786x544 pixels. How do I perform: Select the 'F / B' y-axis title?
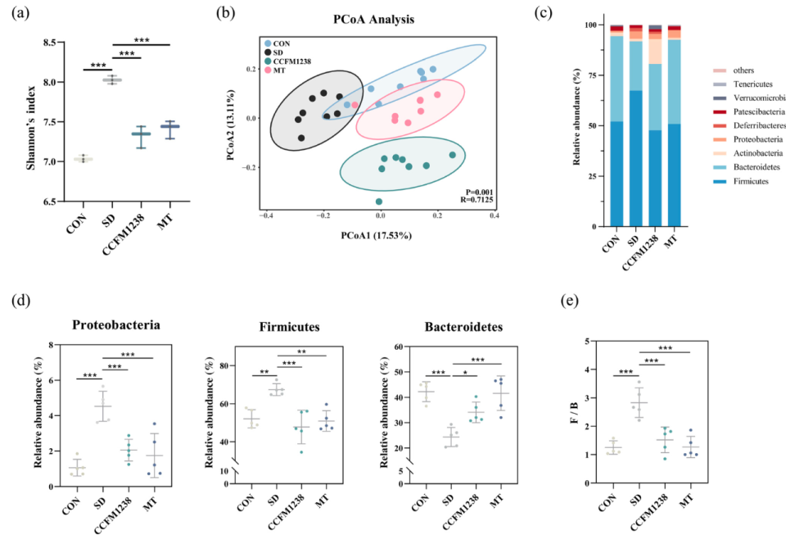pos(579,410)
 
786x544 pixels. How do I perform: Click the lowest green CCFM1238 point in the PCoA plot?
pos(378,201)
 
